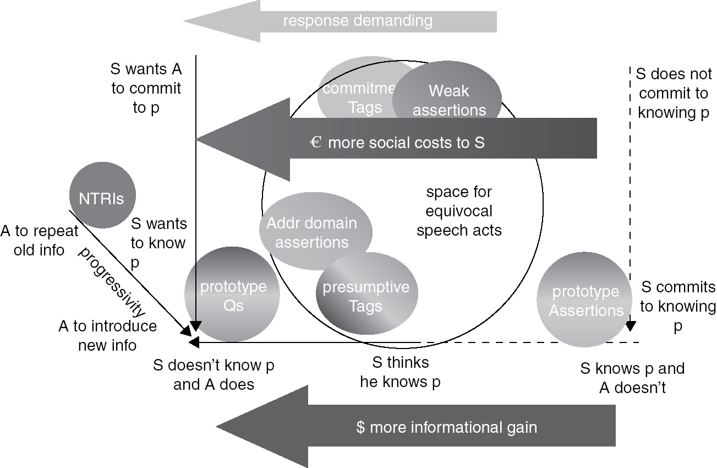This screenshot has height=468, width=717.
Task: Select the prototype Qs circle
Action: (232, 295)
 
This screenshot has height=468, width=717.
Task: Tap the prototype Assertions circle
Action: (584, 300)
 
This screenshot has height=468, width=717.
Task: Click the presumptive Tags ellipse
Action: (366, 296)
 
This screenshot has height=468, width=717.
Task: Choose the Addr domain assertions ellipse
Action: (311, 231)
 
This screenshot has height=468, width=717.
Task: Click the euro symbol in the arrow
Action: (315, 143)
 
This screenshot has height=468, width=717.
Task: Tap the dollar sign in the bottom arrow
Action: (360, 427)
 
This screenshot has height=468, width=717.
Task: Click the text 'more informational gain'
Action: (453, 427)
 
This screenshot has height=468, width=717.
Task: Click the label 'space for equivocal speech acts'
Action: (459, 211)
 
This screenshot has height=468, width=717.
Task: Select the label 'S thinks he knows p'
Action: (400, 372)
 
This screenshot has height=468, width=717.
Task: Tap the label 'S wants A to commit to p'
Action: (146, 88)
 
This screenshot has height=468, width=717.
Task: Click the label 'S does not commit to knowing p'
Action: (673, 93)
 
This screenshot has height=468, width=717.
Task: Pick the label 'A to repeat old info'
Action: (40, 241)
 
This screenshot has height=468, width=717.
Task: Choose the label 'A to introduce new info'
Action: (107, 336)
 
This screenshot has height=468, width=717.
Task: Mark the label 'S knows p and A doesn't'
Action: (632, 378)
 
